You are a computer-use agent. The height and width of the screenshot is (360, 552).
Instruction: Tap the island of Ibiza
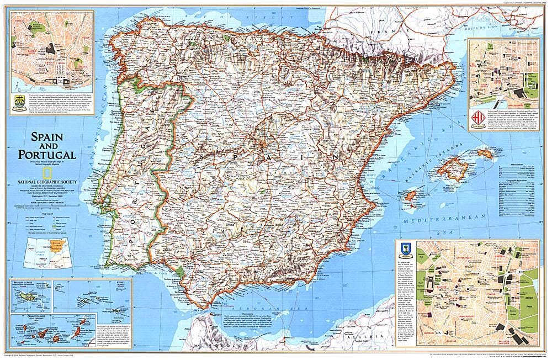point(411,195)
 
